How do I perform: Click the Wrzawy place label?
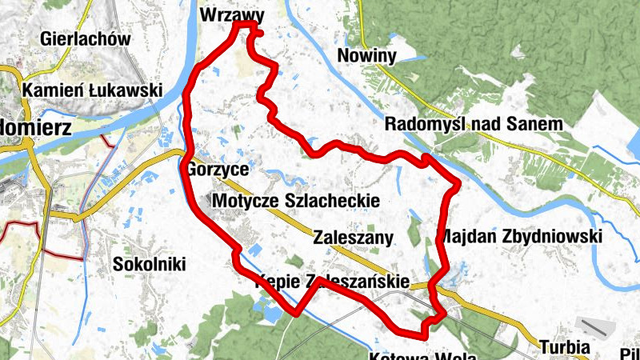[231, 14]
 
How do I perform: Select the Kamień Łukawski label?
[93, 90]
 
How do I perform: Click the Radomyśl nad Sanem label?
[474, 124]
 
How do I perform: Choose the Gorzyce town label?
[218, 170]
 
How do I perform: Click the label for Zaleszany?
[354, 238]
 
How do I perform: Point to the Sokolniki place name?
[149, 264]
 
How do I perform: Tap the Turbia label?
[564, 347]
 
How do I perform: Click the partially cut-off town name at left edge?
[36, 127]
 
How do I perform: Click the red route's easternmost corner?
[458, 186]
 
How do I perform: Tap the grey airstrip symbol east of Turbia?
[596, 328]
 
